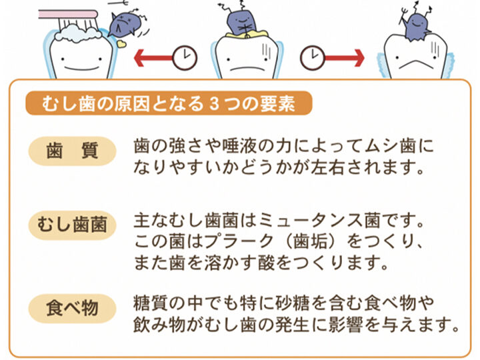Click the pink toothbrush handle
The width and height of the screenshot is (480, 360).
tap(68, 14)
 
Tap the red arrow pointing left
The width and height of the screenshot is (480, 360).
tap(154, 57)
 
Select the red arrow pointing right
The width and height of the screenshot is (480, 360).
tap(344, 57)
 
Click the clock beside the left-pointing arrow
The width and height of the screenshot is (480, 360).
tap(185, 58)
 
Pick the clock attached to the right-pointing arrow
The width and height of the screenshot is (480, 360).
tap(313, 57)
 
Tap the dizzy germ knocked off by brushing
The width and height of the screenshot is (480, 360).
tap(124, 25)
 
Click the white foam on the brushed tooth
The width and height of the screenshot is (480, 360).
tap(78, 33)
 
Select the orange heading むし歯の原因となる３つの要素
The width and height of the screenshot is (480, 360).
tap(169, 103)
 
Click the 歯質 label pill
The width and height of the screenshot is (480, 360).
tap(72, 151)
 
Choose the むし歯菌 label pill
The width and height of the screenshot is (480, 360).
tap(72, 225)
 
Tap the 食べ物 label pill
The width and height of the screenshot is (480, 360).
tap(72, 308)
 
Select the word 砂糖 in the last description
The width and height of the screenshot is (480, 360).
tap(293, 303)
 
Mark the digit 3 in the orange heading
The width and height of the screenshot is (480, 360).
tap(215, 103)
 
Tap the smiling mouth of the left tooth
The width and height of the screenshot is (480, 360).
tap(81, 68)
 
